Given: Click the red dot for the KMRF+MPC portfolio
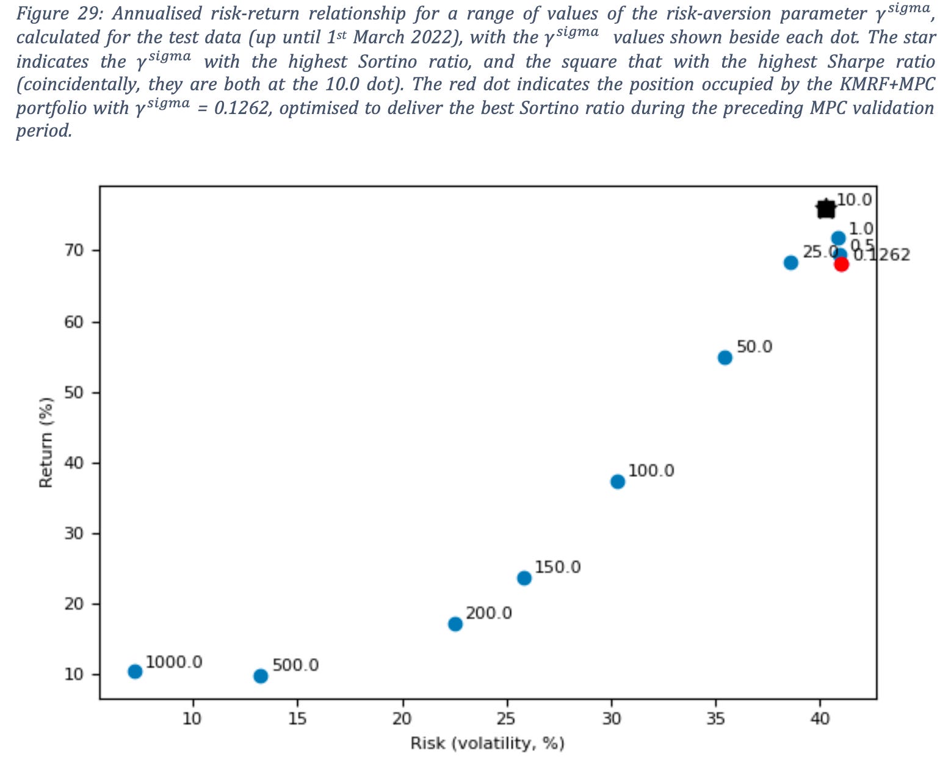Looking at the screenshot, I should [x=841, y=264].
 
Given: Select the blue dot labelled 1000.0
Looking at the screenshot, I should [x=135, y=671].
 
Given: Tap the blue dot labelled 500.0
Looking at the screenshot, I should [x=261, y=676].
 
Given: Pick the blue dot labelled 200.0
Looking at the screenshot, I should [x=455, y=624].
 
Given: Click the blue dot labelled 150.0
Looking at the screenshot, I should [x=524, y=578].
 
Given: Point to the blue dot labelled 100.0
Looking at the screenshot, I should [x=618, y=482].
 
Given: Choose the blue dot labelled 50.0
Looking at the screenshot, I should [x=725, y=357].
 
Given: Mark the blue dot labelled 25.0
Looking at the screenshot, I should [x=790, y=263].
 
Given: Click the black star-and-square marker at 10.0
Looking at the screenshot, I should [x=825, y=209].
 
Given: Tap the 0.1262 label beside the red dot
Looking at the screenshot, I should [x=882, y=255].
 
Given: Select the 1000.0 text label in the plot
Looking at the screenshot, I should [x=174, y=662].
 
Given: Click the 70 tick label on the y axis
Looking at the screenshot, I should [x=73, y=251].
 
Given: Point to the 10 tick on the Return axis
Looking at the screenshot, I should [x=73, y=675].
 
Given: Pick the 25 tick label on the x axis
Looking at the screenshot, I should [x=506, y=718].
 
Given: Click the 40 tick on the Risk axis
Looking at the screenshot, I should [x=820, y=718].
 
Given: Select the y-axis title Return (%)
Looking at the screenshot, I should [x=46, y=442].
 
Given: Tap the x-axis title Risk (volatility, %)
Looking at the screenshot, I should [x=487, y=743].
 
